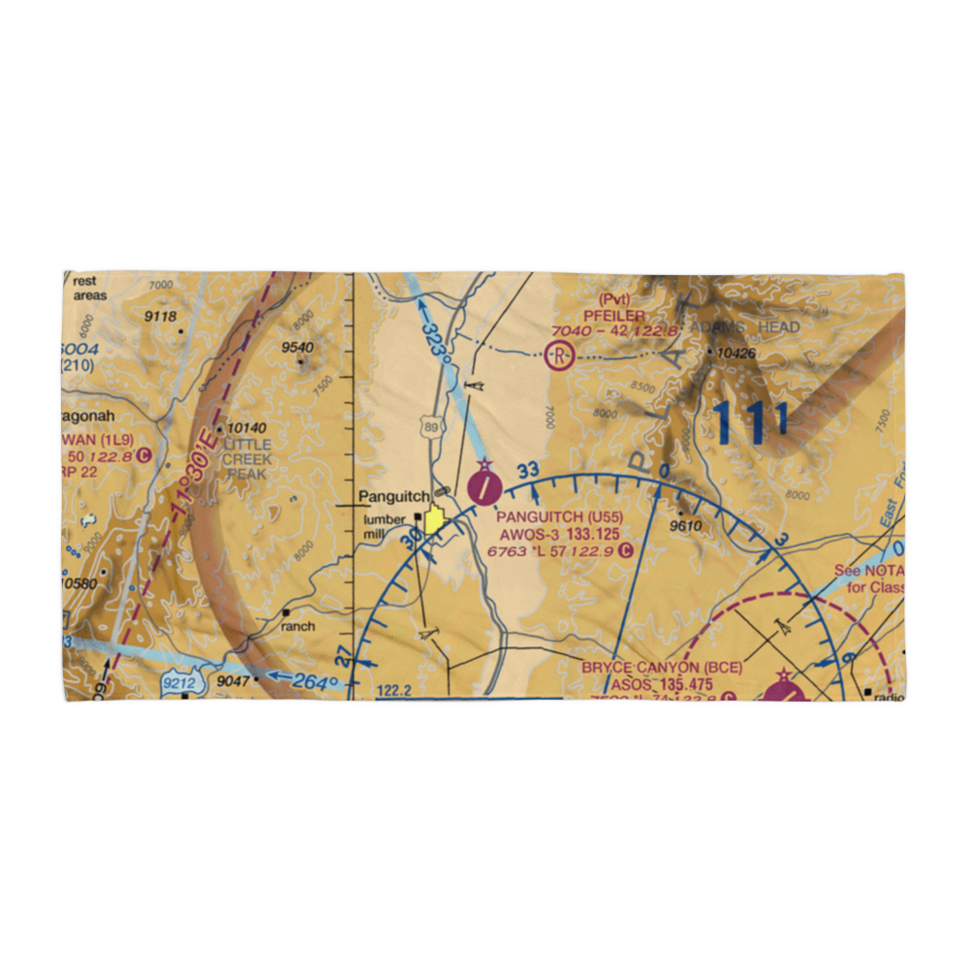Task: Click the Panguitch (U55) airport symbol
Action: pos(484,486)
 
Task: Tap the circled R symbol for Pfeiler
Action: pos(559,357)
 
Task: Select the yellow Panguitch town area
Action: pos(433,520)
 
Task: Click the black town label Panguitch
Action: pos(393,497)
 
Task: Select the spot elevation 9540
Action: pos(297,348)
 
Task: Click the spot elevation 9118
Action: pos(161,317)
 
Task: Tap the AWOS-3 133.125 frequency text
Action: pos(555,534)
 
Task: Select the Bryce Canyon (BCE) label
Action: pos(649,669)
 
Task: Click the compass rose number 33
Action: pos(527,472)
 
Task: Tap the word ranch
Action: pos(298,626)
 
